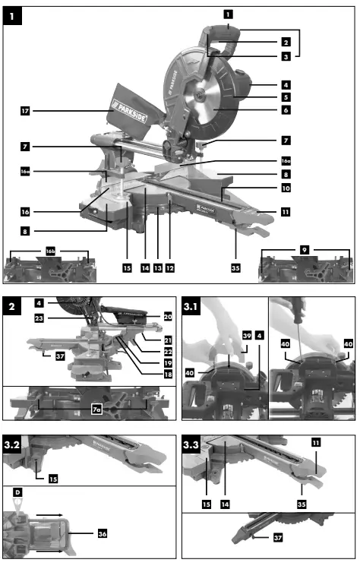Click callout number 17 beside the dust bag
click(x=26, y=111)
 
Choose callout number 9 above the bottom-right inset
click(x=305, y=250)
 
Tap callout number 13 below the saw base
click(x=158, y=268)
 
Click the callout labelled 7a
click(x=96, y=409)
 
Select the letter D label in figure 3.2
click(x=17, y=494)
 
